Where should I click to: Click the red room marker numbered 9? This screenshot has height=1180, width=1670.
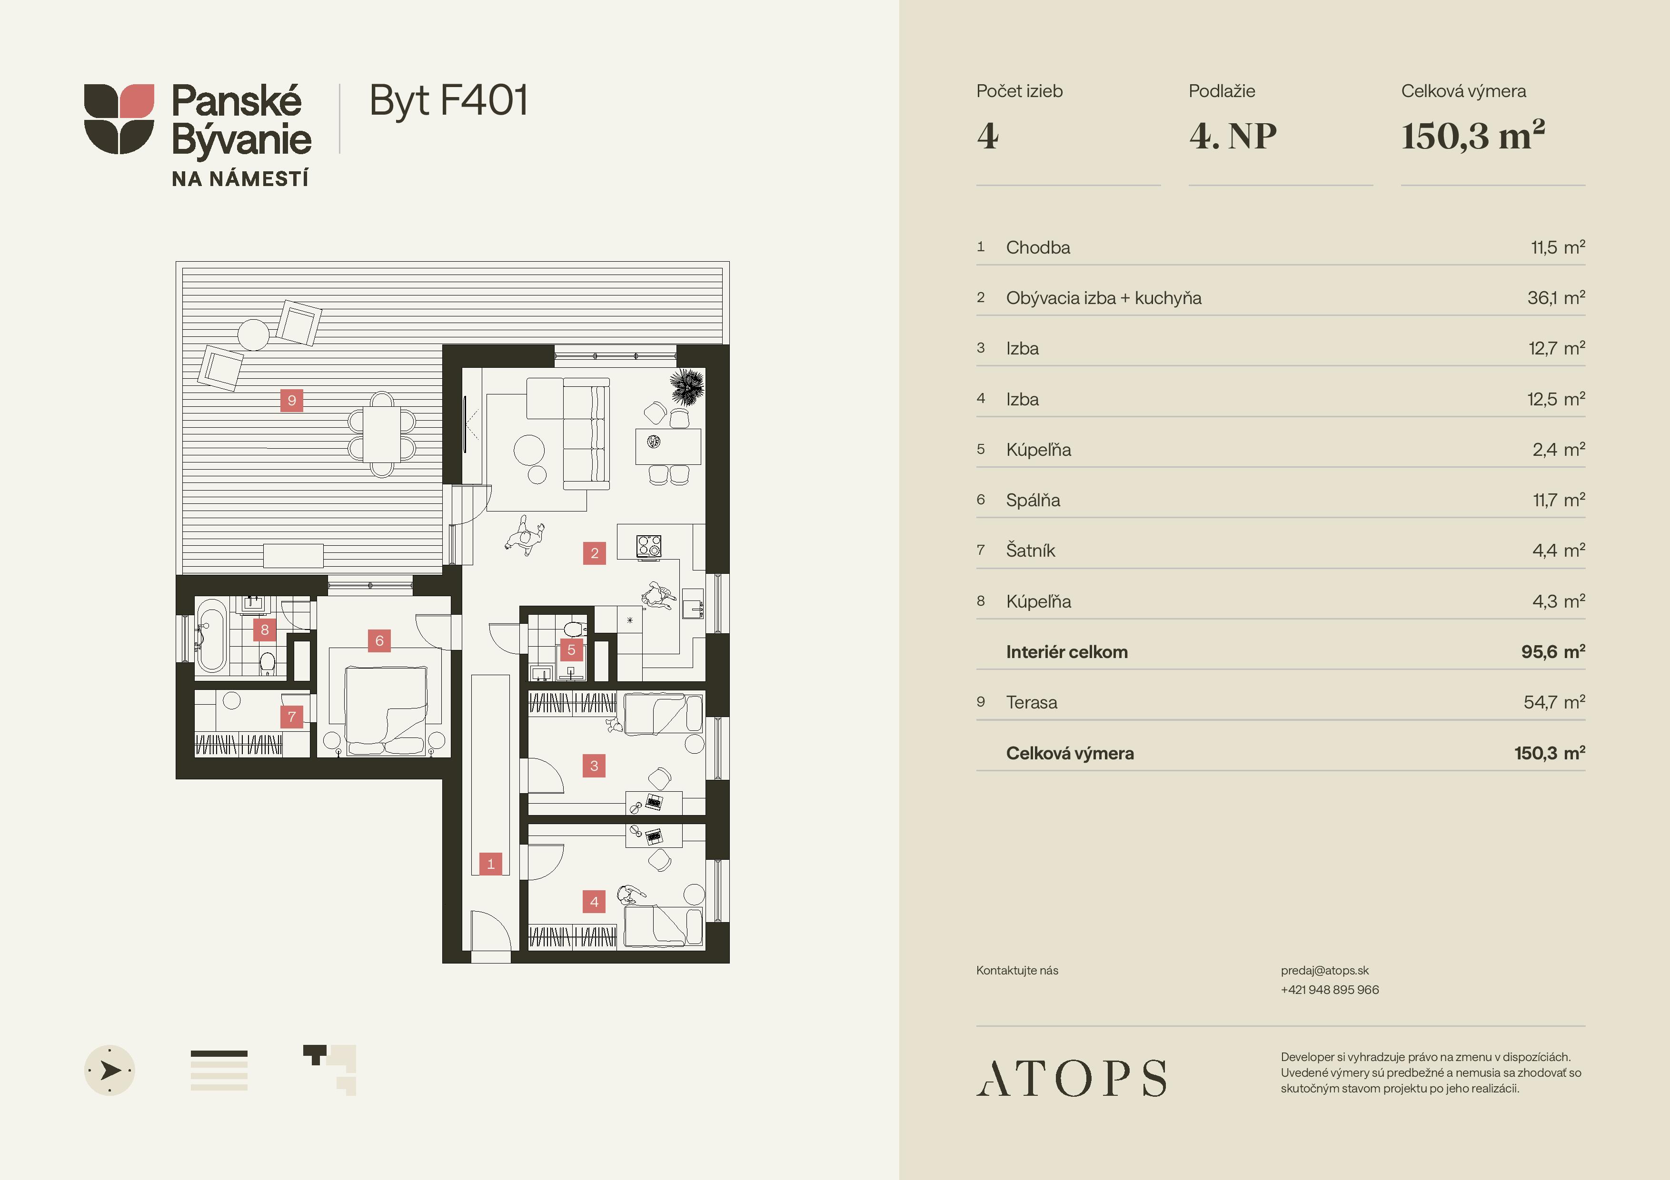pyautogui.click(x=292, y=400)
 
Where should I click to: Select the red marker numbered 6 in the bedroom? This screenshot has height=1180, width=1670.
pyautogui.click(x=379, y=640)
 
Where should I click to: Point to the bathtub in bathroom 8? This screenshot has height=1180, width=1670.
pyautogui.click(x=212, y=636)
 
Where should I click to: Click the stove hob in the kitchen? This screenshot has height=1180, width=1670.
pyautogui.click(x=649, y=545)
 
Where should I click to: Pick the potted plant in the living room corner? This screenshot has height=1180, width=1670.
pyautogui.click(x=686, y=386)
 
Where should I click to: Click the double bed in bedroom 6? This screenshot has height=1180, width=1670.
pyautogui.click(x=386, y=711)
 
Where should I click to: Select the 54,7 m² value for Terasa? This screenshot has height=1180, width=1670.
pyautogui.click(x=1554, y=702)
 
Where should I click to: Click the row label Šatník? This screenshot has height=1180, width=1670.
pyautogui.click(x=1030, y=551)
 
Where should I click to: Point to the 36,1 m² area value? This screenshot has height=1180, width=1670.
pyautogui.click(x=1556, y=297)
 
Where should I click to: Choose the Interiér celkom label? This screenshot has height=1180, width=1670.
pyautogui.click(x=1066, y=651)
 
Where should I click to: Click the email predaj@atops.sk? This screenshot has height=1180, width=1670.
pyautogui.click(x=1324, y=970)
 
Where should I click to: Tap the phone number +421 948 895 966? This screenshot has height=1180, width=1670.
pyautogui.click(x=1330, y=990)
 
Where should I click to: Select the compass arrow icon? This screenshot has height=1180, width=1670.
pyautogui.click(x=110, y=1070)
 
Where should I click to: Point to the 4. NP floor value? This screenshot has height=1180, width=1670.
pyautogui.click(x=1233, y=136)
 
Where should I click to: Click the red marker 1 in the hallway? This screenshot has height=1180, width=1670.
pyautogui.click(x=490, y=864)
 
